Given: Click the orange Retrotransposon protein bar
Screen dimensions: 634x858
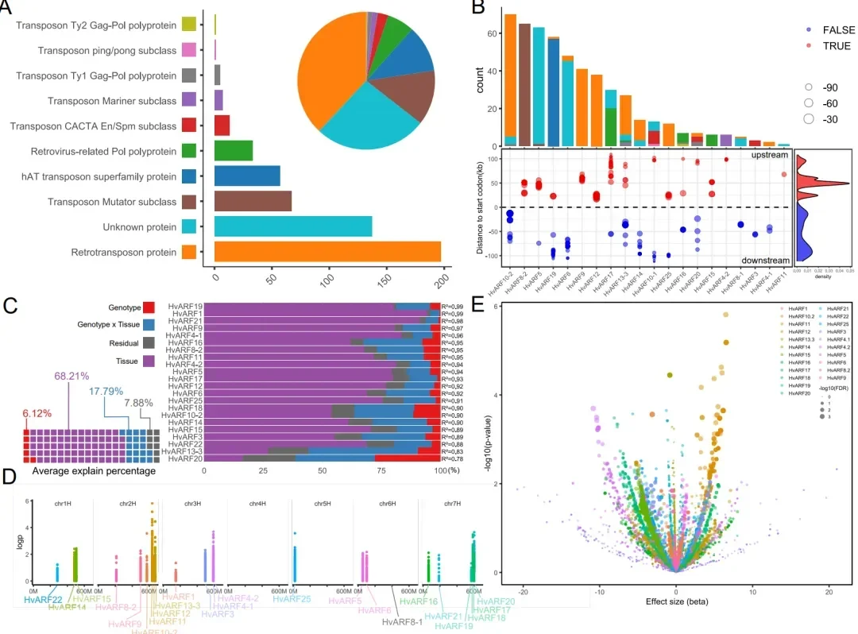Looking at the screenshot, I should (327, 253).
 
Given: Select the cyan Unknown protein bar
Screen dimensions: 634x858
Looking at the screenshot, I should (293, 227).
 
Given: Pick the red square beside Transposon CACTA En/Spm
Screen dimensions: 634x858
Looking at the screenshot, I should (189, 126).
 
